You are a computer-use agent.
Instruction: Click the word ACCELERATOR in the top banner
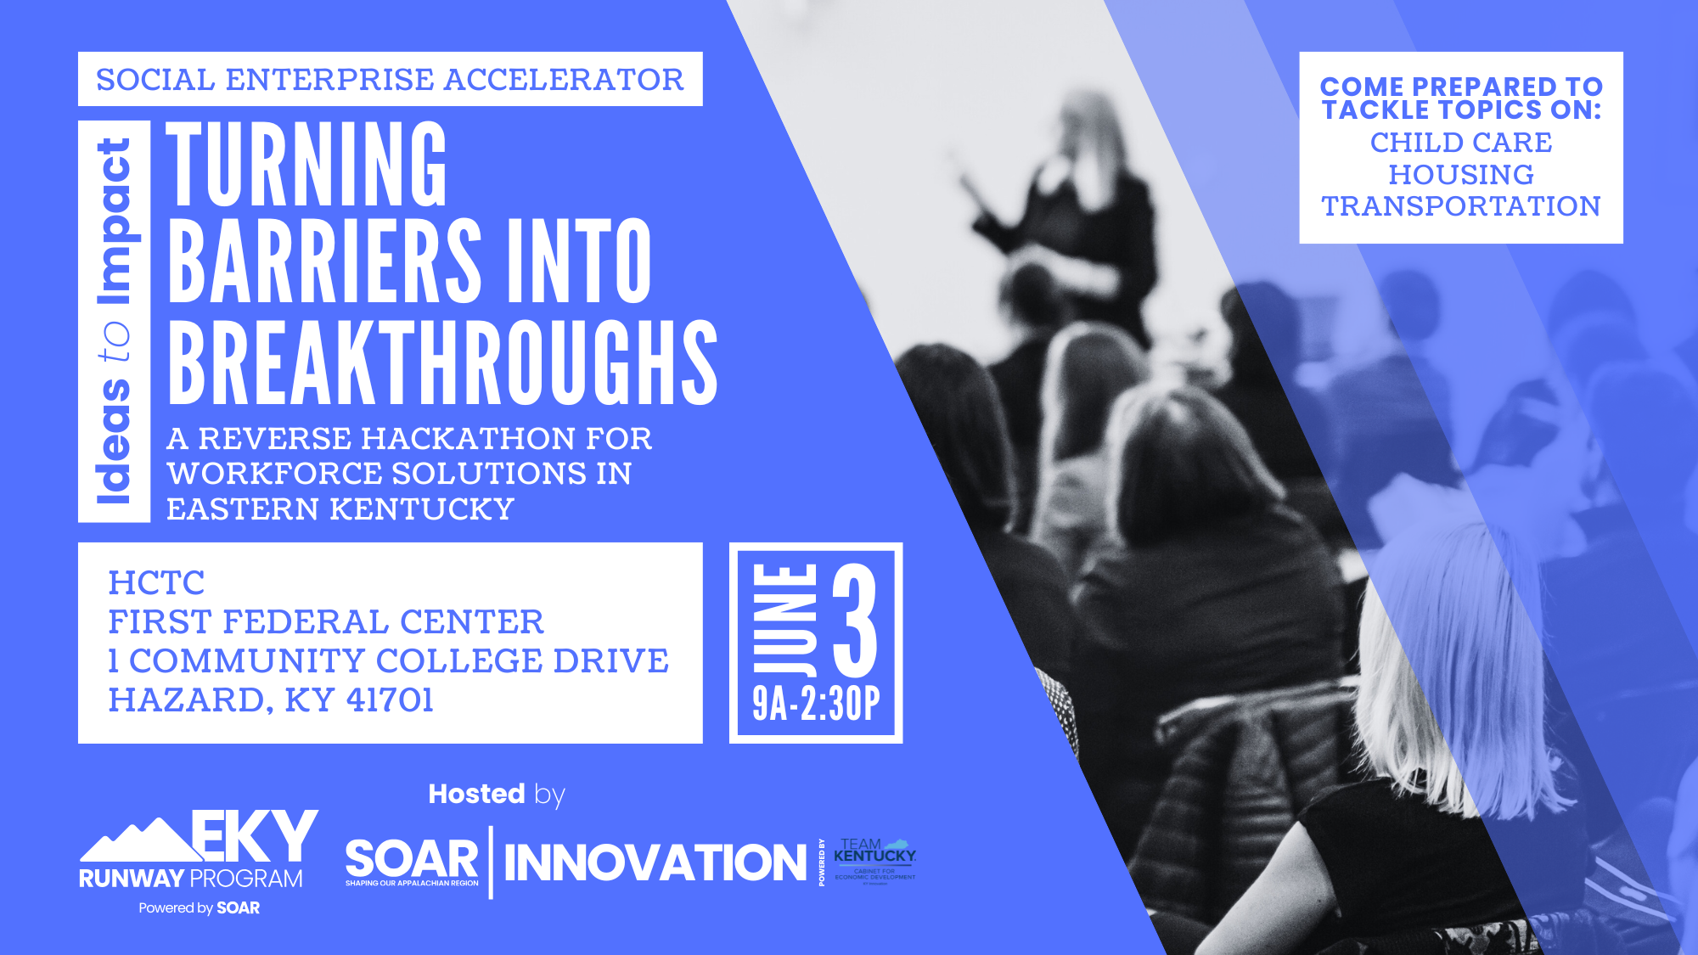(564, 80)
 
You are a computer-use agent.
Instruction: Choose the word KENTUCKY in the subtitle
(422, 509)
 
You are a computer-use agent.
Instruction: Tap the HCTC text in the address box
(157, 583)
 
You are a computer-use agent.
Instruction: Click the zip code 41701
(390, 700)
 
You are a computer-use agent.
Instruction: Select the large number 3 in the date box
(855, 621)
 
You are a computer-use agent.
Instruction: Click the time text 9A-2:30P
(816, 705)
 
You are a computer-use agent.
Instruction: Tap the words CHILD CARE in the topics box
(1460, 143)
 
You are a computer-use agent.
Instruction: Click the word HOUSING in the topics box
(1460, 175)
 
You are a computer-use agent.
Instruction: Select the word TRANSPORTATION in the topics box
(1460, 206)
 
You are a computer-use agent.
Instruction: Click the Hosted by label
(497, 795)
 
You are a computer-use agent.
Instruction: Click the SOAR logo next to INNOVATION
(412, 860)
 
